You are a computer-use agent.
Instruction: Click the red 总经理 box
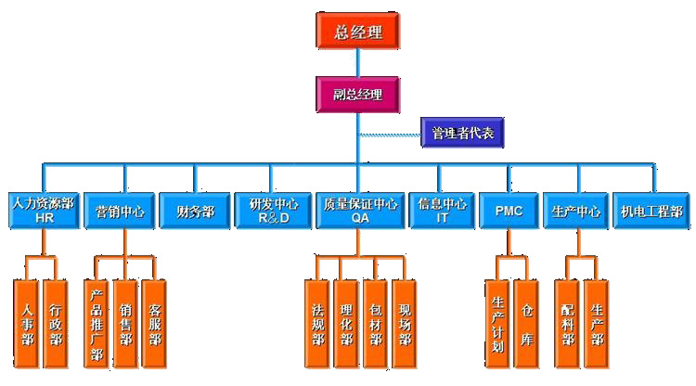[357, 32]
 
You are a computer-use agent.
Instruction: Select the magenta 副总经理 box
[357, 94]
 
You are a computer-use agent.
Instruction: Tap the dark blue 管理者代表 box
[461, 134]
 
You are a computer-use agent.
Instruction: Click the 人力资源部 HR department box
[42, 210]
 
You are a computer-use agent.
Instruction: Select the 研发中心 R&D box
[267, 210]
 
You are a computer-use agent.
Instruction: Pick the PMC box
[509, 211]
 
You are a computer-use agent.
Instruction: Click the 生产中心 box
[576, 211]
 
